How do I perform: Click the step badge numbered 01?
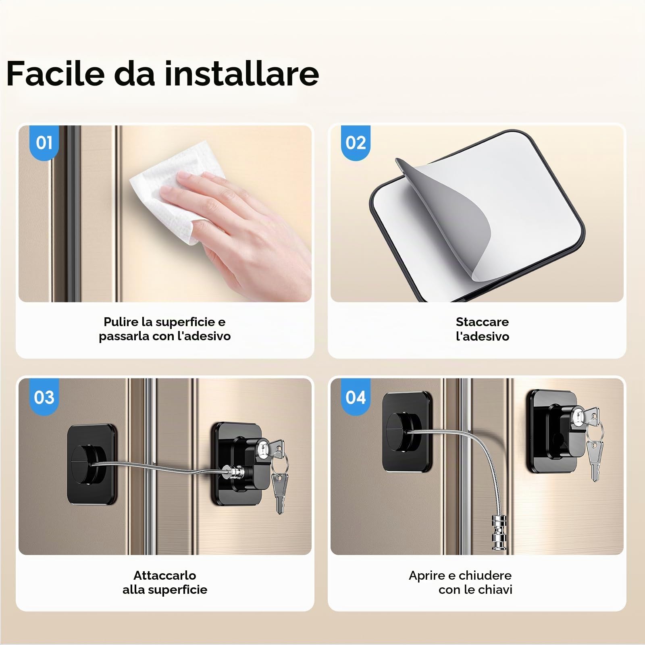tap(44, 142)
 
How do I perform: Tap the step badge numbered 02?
tap(356, 142)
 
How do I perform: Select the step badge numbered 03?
tap(44, 397)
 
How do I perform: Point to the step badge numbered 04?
tap(356, 397)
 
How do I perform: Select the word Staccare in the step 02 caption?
tap(482, 322)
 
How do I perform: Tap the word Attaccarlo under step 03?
tap(165, 575)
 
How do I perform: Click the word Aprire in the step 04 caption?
tap(427, 575)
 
